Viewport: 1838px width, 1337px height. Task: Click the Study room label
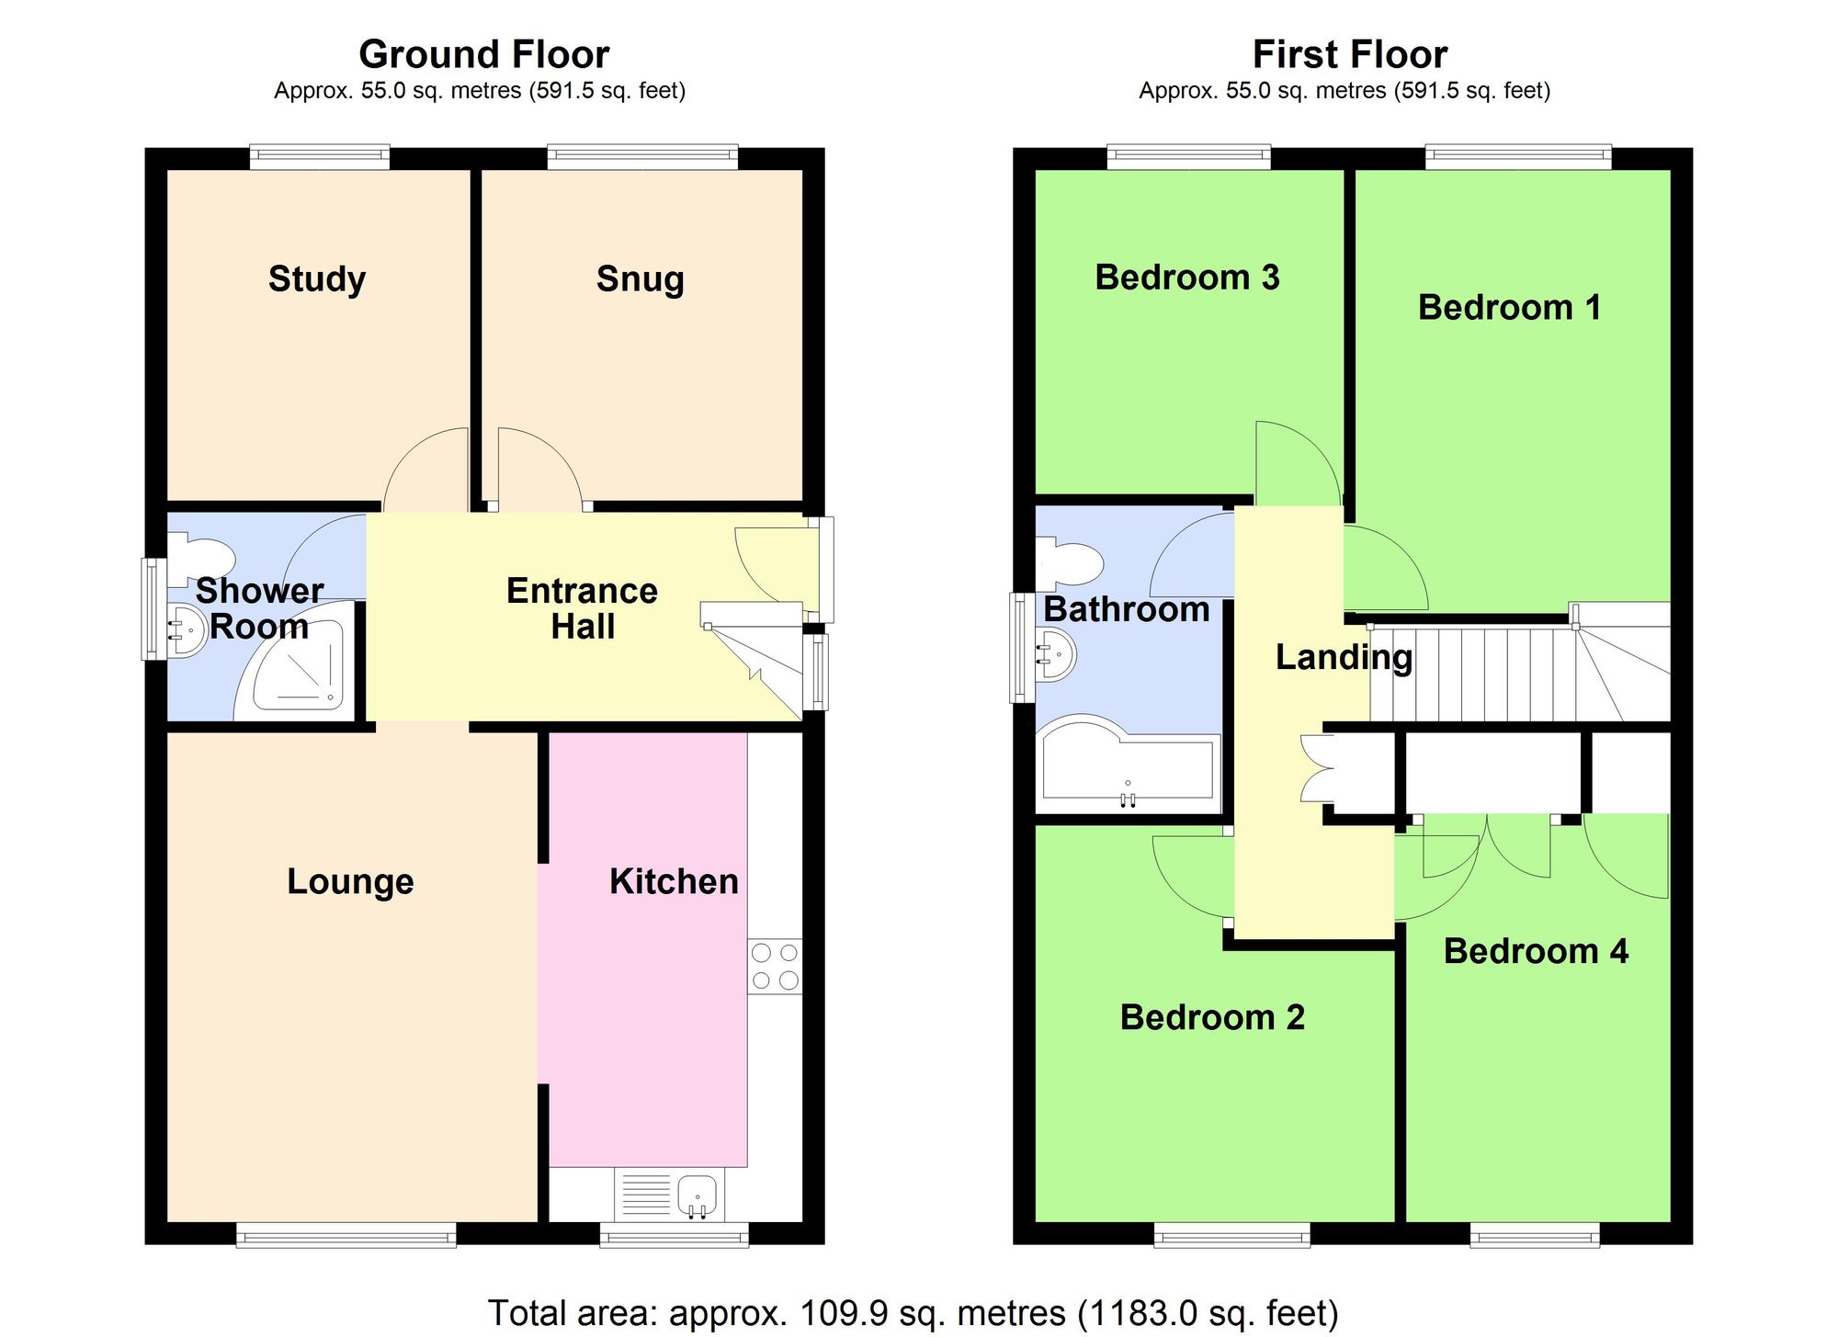[316, 278]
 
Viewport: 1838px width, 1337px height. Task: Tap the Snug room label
[640, 278]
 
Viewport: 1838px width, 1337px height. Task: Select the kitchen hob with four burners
[775, 966]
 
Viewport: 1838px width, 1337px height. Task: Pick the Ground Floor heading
[483, 54]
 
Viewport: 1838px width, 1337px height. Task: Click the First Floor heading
[1349, 54]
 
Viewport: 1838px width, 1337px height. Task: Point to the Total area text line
[912, 1312]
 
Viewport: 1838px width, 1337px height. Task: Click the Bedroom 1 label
[1509, 307]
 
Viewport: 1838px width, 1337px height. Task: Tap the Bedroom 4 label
[1535, 951]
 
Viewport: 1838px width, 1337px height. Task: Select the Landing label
[1344, 657]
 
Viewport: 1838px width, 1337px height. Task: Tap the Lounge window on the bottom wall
[346, 1234]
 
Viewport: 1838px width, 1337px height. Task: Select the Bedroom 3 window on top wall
[1188, 157]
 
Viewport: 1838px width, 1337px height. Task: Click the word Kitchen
[674, 881]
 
